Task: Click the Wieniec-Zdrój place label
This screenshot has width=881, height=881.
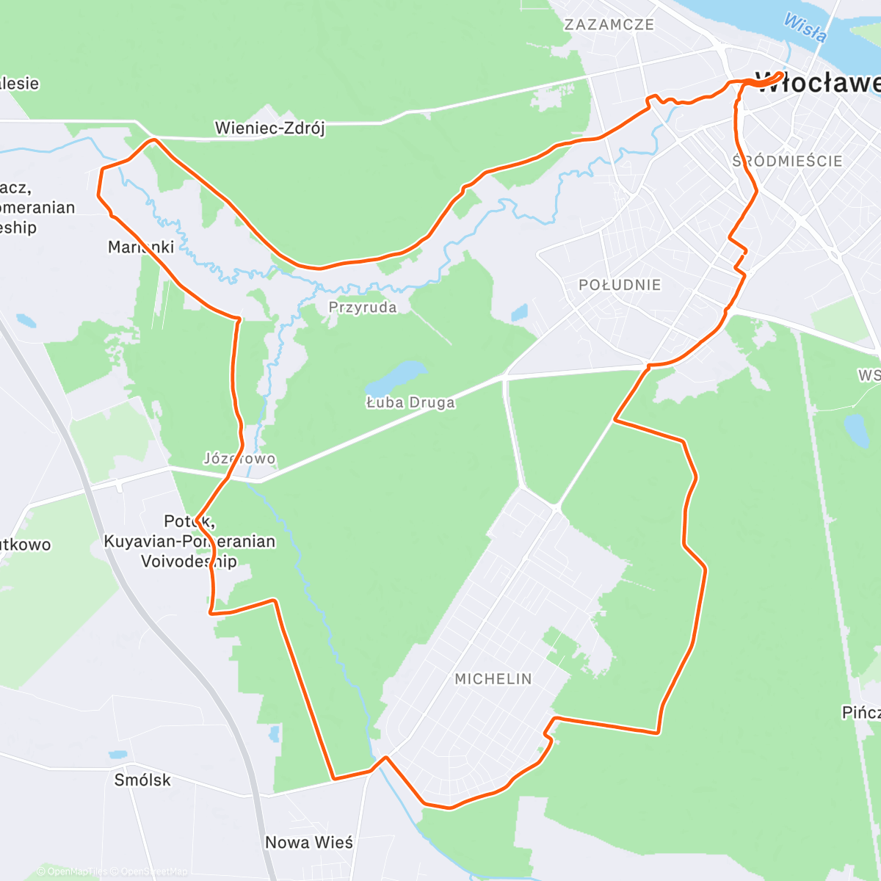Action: [269, 128]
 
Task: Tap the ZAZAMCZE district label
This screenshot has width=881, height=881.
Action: [609, 24]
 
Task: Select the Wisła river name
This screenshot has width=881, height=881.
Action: [805, 27]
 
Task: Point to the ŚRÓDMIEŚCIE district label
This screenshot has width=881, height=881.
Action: [787, 161]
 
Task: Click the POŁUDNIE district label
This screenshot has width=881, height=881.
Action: [620, 285]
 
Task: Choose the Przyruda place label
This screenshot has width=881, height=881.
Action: [363, 307]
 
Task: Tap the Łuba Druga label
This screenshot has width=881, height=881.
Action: [410, 402]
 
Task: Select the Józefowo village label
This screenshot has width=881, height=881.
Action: [239, 459]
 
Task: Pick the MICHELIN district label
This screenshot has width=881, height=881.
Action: [493, 679]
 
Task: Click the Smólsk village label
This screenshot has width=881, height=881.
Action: [142, 780]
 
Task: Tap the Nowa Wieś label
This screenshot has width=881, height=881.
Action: [308, 842]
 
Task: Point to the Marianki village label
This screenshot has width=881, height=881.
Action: [141, 247]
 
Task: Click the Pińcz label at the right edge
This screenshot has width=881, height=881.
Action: [860, 712]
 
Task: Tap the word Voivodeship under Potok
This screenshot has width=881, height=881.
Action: [189, 562]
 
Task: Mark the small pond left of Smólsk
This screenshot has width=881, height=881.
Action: [117, 754]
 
